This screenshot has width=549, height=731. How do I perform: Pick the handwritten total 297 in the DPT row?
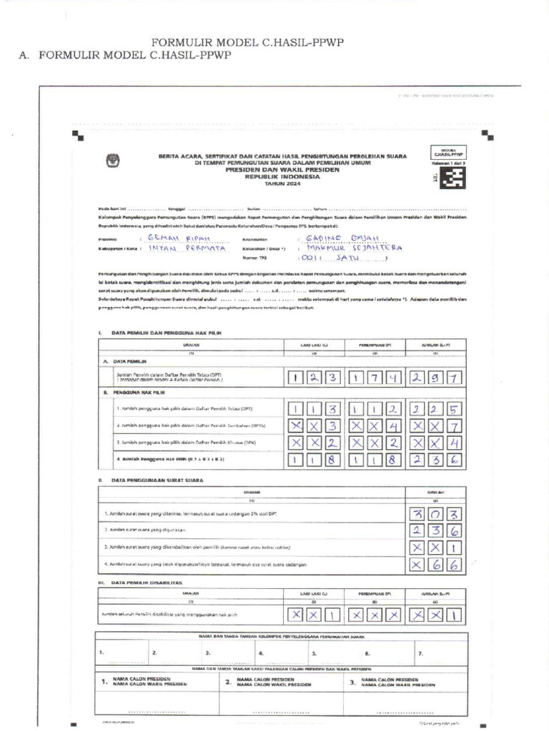pyautogui.click(x=435, y=376)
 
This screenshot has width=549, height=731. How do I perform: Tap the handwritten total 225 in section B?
pyautogui.click(x=435, y=409)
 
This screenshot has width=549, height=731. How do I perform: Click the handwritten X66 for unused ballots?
pyautogui.click(x=435, y=565)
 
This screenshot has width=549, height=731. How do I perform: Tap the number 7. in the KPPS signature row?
pyautogui.click(x=420, y=652)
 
